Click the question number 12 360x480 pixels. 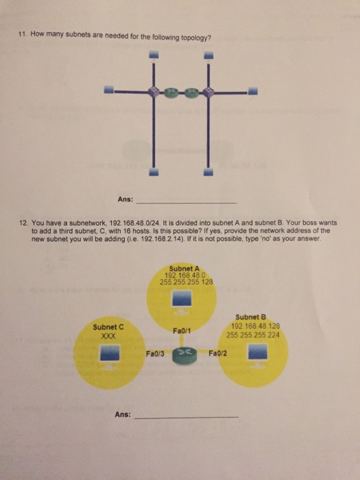(x=24, y=224)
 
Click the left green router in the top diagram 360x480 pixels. (x=169, y=90)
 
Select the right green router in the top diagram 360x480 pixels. (x=193, y=90)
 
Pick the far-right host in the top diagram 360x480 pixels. (x=252, y=90)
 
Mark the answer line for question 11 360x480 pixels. (x=187, y=202)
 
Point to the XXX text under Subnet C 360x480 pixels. (x=107, y=336)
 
